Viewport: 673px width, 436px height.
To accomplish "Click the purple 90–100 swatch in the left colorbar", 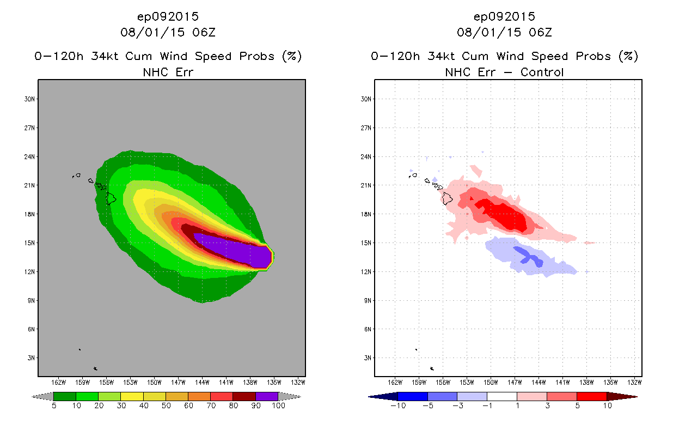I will pos(267,396).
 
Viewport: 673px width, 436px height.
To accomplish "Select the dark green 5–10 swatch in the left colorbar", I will pos(65,396).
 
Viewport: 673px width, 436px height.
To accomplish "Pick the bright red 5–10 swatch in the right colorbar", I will pos(591,396).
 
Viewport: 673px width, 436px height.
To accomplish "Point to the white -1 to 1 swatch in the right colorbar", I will pos(501,396).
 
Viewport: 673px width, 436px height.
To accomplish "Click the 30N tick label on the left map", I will pos(30,99).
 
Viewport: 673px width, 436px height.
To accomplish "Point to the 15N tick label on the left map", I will pos(30,243).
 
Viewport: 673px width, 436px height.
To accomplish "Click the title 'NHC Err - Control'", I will pos(504,72).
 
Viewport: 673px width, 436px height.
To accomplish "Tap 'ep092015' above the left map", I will pos(168,16).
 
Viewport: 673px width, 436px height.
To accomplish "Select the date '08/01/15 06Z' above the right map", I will pos(504,32).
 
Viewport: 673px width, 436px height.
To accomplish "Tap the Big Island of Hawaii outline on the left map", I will pos(111,198).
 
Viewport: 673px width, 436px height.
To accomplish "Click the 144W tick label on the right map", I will pos(539,381).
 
